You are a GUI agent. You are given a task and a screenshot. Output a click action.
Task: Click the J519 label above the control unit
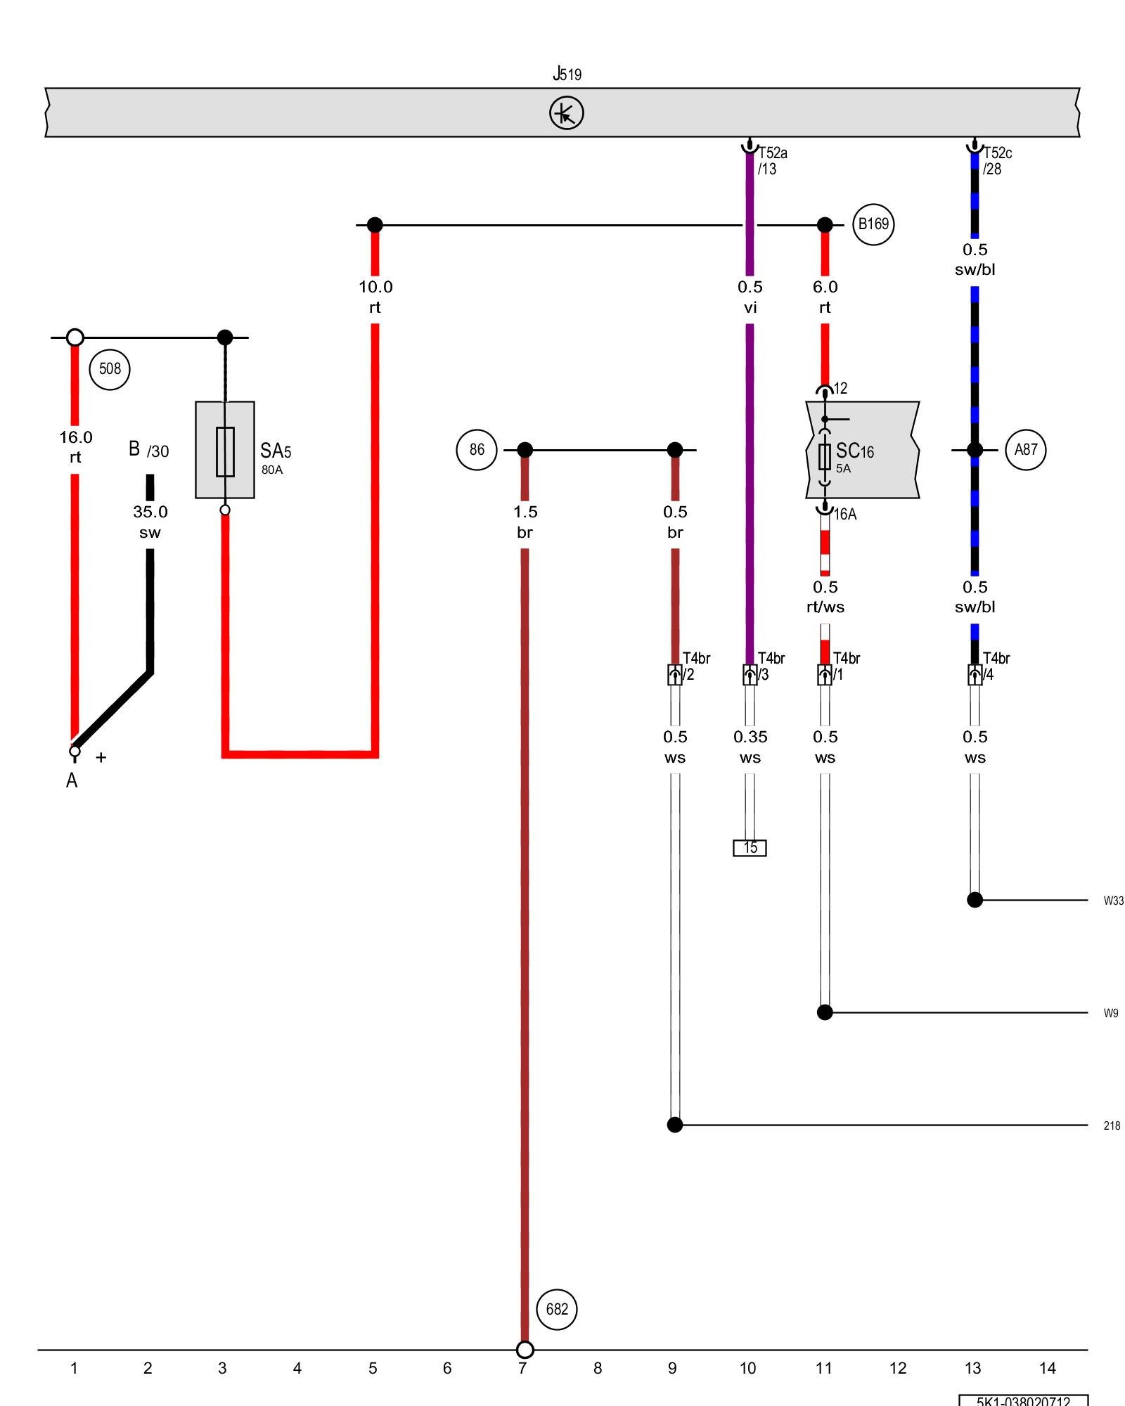coord(567,74)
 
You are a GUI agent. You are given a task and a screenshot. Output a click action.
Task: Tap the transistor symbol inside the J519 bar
coord(566,113)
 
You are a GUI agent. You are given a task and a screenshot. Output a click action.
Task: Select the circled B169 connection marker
coord(873,224)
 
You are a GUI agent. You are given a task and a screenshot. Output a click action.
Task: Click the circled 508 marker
coord(110,369)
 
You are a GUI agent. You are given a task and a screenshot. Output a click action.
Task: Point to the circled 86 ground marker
coord(477,450)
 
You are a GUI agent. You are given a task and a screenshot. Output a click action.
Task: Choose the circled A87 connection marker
coord(1026,450)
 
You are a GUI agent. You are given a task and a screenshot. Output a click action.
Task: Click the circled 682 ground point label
coord(557,1310)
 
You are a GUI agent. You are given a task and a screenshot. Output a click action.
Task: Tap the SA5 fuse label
coord(275,452)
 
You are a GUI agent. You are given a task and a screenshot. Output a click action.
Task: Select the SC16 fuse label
coord(854,452)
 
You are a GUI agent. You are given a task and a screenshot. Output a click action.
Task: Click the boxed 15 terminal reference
coord(750,848)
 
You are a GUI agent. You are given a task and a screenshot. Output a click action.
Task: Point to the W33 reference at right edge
coord(1113,901)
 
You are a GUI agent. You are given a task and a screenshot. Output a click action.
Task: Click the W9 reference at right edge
coord(1110,1013)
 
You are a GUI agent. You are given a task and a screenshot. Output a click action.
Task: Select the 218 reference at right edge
coord(1112,1126)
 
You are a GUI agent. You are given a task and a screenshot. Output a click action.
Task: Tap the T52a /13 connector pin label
coord(772,161)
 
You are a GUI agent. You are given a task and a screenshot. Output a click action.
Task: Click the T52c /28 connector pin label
coord(997,161)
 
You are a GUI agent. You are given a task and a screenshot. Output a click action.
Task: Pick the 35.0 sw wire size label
coord(150,522)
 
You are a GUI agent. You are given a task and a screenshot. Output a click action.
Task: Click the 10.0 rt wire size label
coord(375,297)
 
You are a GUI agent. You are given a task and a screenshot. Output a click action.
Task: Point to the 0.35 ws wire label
coord(750,747)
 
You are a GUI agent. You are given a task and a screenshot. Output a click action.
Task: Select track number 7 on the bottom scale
coord(522,1368)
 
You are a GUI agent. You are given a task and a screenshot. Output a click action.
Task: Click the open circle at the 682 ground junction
coord(525,1350)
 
